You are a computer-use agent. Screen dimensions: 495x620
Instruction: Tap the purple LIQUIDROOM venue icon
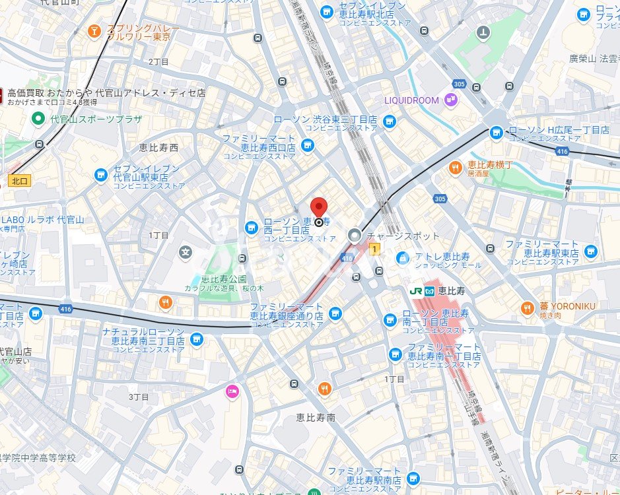[x=451, y=100]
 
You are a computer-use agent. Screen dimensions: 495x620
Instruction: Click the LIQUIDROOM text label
[x=411, y=100]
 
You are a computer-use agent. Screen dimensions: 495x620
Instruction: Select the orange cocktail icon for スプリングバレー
[x=94, y=31]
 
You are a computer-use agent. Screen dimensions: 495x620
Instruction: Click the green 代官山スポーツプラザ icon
[x=39, y=119]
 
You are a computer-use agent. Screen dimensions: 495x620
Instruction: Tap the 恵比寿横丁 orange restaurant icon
[x=455, y=168]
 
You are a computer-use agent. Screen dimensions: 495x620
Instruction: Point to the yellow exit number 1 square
[x=375, y=249]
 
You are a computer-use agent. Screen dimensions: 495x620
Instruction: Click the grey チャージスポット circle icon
[x=355, y=236]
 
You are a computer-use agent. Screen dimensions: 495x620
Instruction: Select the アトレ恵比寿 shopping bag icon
[x=401, y=259]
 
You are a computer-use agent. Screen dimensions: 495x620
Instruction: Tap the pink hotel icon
[x=232, y=391]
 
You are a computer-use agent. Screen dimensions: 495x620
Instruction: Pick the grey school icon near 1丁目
[x=186, y=251]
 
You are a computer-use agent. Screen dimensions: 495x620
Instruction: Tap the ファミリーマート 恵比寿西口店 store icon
[x=307, y=145]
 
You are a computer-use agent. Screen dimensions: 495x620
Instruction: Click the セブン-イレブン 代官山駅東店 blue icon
[x=100, y=175]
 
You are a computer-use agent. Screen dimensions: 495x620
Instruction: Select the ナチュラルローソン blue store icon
[x=195, y=339]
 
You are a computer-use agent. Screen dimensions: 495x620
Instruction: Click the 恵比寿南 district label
[x=316, y=417]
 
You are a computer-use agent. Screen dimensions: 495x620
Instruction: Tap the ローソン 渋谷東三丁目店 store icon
[x=390, y=121]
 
